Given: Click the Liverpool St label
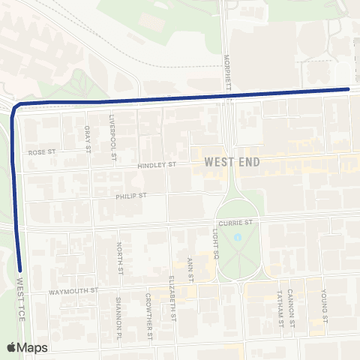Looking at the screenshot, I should point(112,136).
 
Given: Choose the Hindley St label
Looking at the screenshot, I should point(157,165).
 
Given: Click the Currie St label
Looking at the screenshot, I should point(234,222).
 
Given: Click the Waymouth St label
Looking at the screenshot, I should point(73,289).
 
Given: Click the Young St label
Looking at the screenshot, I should point(325,304).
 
